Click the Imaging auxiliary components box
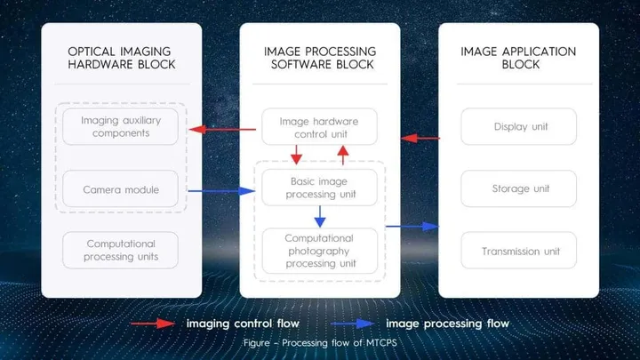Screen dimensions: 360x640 120,127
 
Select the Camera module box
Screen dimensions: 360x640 120,189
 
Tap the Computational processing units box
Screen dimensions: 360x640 120,250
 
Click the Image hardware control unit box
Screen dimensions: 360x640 319,127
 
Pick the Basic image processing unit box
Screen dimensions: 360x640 319,188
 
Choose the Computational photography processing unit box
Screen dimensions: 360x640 319,251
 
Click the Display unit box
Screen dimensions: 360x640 520,127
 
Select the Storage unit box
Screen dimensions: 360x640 520,188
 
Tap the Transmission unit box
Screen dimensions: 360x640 520,251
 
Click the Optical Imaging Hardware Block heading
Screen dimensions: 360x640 120,58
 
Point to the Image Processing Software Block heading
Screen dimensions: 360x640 319,58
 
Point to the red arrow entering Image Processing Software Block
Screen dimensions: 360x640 420,138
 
